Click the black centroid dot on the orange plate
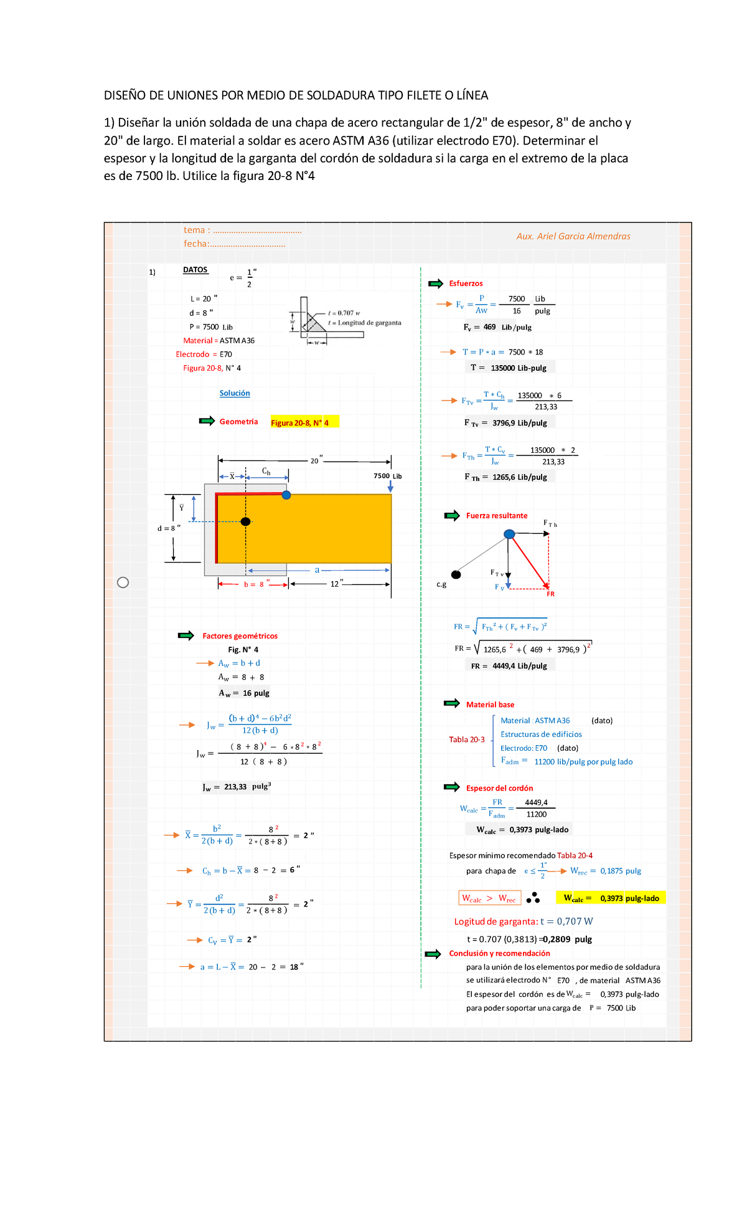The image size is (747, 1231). click(x=245, y=521)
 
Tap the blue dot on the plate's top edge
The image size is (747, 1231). click(x=286, y=495)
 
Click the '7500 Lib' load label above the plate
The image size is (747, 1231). click(x=387, y=476)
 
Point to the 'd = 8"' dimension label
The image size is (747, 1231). click(x=169, y=528)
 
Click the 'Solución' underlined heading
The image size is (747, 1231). click(x=235, y=393)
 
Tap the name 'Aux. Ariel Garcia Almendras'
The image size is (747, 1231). click(x=573, y=236)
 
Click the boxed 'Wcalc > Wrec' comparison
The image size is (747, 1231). click(x=489, y=898)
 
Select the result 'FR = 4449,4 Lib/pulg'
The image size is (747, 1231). click(x=509, y=666)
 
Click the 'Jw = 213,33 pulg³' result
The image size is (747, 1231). click(x=237, y=787)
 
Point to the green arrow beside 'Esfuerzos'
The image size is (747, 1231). click(x=436, y=283)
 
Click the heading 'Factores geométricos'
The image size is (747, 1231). click(x=240, y=636)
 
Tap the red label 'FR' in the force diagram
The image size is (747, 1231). click(x=550, y=594)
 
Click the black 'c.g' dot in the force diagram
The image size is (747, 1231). click(x=456, y=574)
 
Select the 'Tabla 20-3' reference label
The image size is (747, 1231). click(x=467, y=739)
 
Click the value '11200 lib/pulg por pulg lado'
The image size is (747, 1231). click(x=583, y=762)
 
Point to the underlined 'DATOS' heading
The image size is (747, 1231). click(x=195, y=270)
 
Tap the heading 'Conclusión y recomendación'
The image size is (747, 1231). click(x=499, y=953)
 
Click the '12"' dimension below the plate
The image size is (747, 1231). click(x=337, y=584)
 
